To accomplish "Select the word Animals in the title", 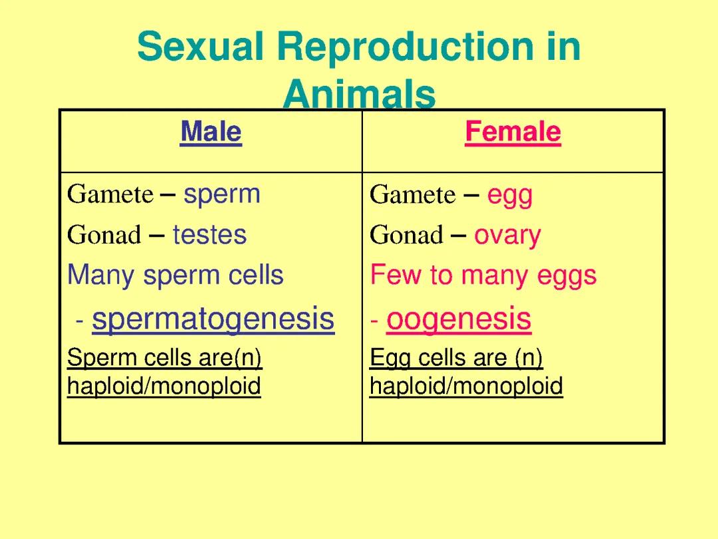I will click(359, 95).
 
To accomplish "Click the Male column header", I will click(211, 132).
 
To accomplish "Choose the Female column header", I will click(513, 132).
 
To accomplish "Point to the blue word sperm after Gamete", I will click(222, 194).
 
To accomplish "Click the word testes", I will click(209, 235).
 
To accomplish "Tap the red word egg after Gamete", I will click(510, 196).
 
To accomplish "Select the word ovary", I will click(507, 236).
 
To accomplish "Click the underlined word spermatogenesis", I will click(213, 319).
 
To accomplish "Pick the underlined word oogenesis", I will click(459, 319).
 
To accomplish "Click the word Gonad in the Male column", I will click(104, 235).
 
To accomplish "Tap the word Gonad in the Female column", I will click(406, 235).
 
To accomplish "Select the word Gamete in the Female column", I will click(412, 195).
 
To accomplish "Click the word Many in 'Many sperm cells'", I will click(101, 275).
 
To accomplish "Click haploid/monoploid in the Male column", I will click(164, 386).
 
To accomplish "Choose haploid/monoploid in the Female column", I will click(466, 386).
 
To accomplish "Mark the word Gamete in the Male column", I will click(110, 194).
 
